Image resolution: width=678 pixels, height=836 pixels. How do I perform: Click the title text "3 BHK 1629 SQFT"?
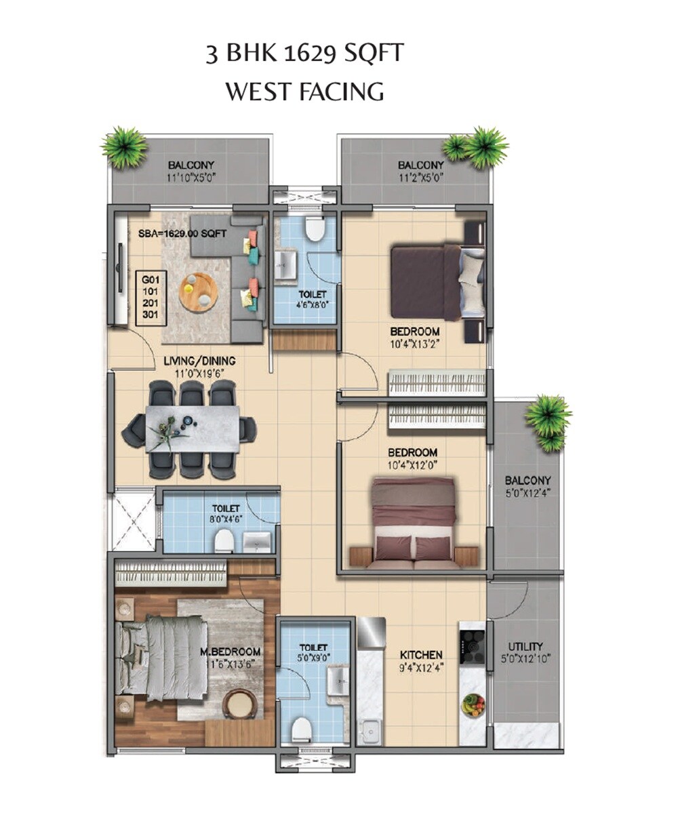[304, 54]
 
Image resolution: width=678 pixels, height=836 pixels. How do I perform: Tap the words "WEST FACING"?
[304, 92]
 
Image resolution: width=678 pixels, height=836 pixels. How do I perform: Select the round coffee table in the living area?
[198, 292]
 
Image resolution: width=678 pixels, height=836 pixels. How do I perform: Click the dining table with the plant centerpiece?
[192, 429]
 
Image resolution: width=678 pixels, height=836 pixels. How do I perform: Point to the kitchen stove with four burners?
[472, 646]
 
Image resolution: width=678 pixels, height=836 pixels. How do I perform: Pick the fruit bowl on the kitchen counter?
[473, 705]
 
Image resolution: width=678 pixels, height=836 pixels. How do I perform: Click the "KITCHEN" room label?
[420, 655]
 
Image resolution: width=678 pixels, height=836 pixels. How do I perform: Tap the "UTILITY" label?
[525, 647]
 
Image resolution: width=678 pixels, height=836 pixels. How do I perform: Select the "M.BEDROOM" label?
[230, 652]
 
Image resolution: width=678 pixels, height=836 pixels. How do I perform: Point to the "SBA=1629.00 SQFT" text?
[182, 233]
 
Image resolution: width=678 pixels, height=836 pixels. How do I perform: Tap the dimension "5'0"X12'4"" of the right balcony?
[527, 493]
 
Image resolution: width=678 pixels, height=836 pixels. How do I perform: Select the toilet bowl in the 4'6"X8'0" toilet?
[314, 229]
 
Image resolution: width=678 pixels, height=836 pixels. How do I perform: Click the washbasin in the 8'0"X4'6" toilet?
[257, 541]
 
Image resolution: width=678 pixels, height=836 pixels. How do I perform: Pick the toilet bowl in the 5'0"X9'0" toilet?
[301, 730]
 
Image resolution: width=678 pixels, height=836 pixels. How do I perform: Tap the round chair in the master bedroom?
[239, 704]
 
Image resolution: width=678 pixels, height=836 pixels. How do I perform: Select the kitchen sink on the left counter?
[369, 731]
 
